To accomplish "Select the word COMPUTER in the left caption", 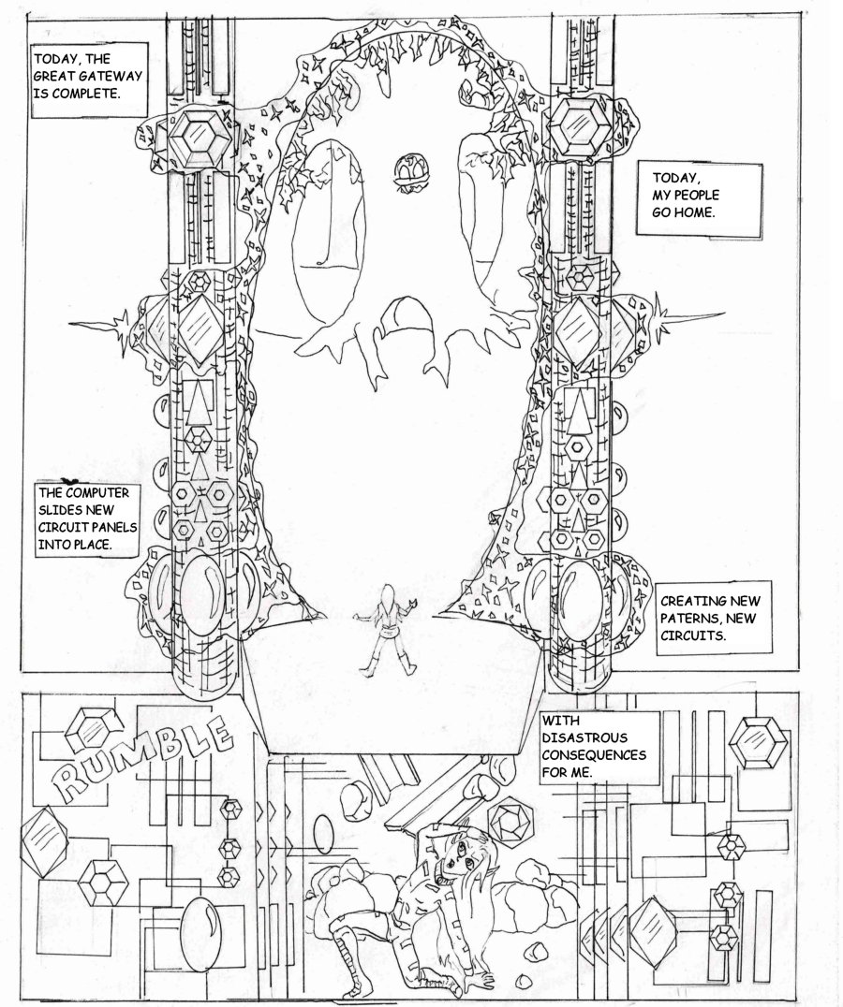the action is [x=97, y=492].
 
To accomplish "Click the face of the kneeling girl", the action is [x=459, y=861].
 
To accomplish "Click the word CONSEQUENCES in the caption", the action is [x=595, y=755].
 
